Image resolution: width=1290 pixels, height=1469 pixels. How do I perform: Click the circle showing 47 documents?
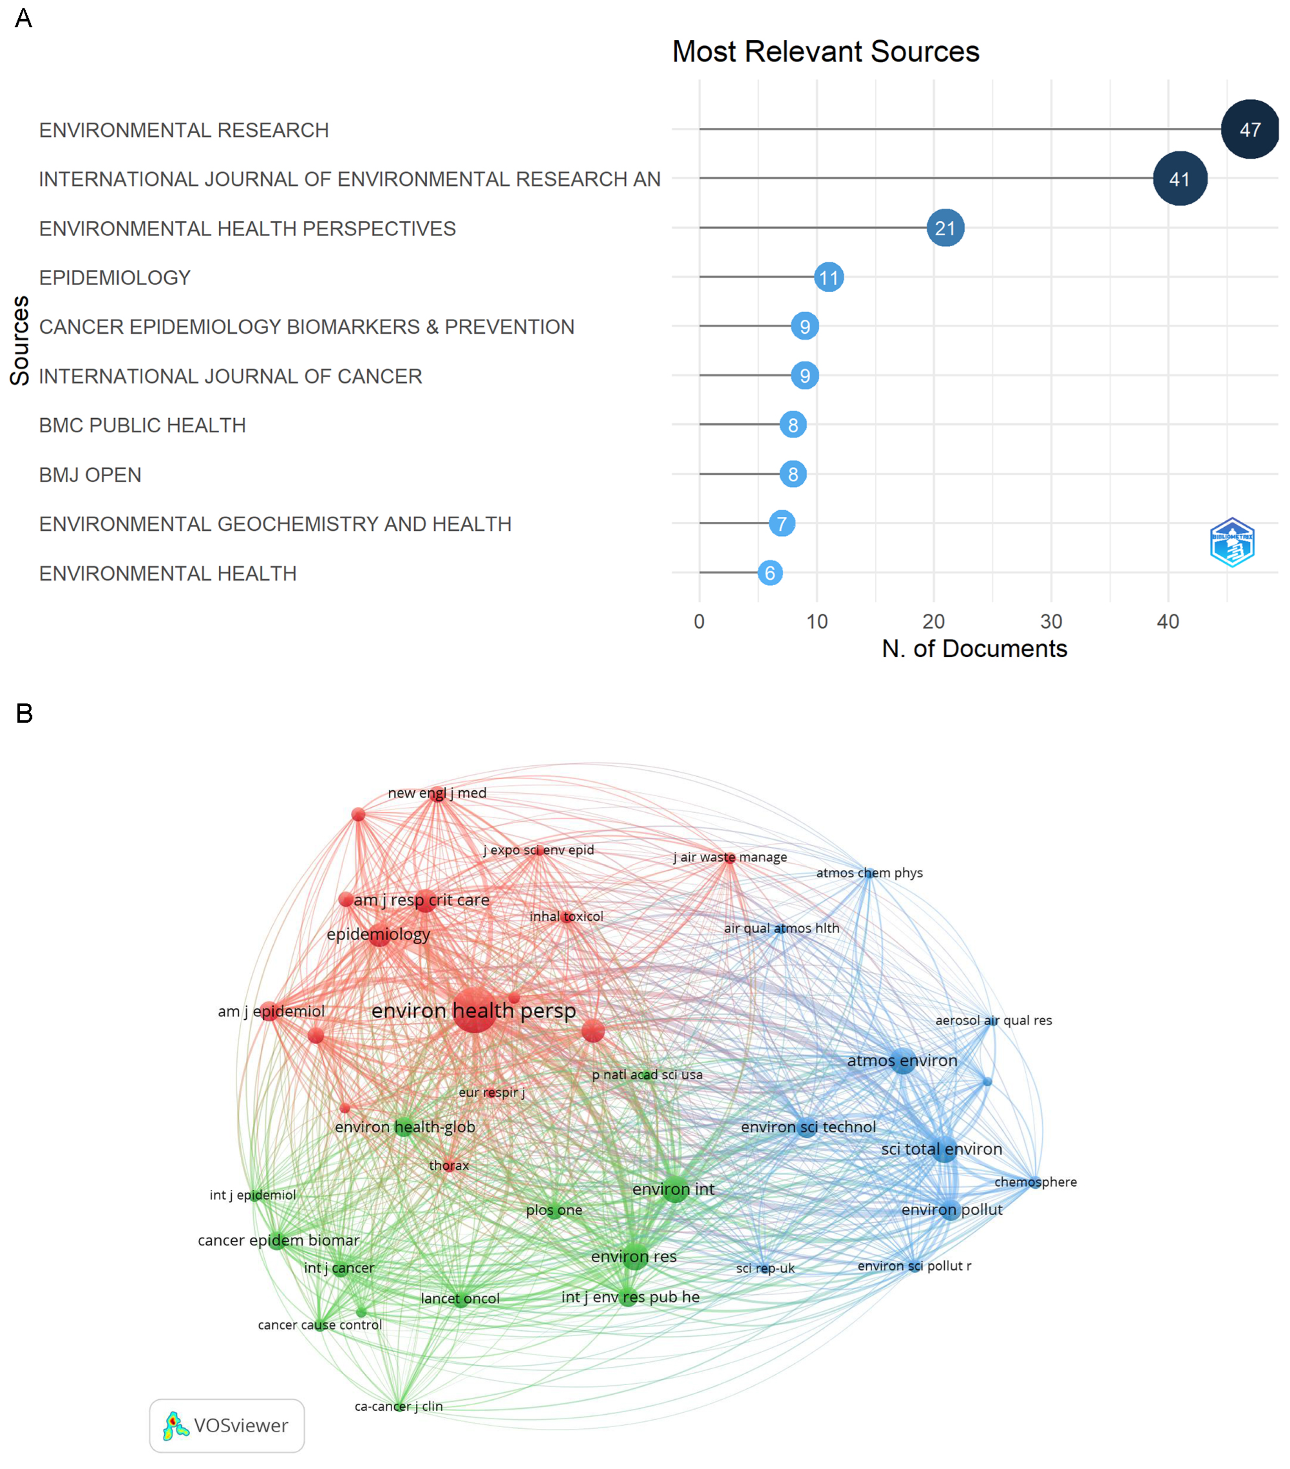click(1250, 130)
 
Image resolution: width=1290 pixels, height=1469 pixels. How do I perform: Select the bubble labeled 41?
click(1179, 179)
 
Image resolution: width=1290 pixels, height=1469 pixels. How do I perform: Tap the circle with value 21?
click(945, 228)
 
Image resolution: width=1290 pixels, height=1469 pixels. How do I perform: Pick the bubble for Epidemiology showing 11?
click(829, 277)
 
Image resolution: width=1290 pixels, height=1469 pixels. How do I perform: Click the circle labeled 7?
click(781, 523)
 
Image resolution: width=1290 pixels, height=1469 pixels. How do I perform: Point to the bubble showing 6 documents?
click(770, 573)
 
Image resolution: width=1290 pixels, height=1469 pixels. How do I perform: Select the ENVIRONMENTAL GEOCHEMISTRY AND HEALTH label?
click(275, 524)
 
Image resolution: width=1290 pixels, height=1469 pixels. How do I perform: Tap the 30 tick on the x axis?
click(1051, 622)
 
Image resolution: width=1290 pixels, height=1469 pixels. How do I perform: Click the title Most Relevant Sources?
click(825, 52)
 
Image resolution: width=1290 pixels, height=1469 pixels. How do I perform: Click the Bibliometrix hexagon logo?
click(1232, 543)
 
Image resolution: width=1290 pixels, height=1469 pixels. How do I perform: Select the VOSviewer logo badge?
click(226, 1425)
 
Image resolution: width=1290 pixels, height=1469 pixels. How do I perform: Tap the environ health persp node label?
click(473, 1011)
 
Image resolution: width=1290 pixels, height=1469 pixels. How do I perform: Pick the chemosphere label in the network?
click(1035, 1182)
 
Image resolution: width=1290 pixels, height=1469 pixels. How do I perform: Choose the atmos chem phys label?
click(869, 872)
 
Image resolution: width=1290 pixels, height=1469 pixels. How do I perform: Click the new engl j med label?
click(437, 793)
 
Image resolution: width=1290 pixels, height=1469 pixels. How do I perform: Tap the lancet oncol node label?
click(460, 1298)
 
